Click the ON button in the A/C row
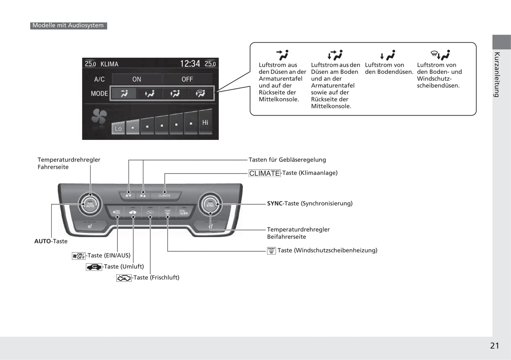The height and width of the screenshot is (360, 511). click(137, 79)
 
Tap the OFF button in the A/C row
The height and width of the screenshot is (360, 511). click(187, 79)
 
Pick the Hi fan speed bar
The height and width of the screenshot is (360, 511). click(205, 122)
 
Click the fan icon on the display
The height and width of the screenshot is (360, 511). click(99, 117)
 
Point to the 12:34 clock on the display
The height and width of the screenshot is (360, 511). click(190, 64)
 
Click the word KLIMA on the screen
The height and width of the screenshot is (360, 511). click(109, 64)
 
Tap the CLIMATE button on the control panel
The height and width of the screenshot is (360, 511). click(164, 195)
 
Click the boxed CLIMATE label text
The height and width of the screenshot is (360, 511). click(265, 173)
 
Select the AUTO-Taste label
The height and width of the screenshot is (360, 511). click(51, 241)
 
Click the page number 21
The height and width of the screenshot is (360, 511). click(494, 346)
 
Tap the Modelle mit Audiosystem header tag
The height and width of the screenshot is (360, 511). click(68, 25)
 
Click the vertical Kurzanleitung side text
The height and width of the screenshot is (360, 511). click(497, 74)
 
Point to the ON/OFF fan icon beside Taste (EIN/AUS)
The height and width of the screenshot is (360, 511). click(79, 256)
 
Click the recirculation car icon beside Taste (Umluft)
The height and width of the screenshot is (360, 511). click(94, 267)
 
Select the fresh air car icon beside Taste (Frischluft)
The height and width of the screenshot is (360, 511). click(124, 278)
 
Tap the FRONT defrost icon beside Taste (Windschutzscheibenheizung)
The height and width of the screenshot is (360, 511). click(271, 250)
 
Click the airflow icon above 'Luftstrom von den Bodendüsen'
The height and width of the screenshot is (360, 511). click(388, 55)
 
